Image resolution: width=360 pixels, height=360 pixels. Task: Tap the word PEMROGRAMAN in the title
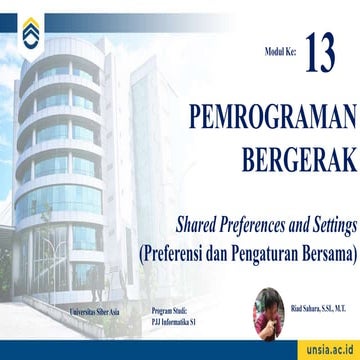pyautogui.click(x=272, y=119)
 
